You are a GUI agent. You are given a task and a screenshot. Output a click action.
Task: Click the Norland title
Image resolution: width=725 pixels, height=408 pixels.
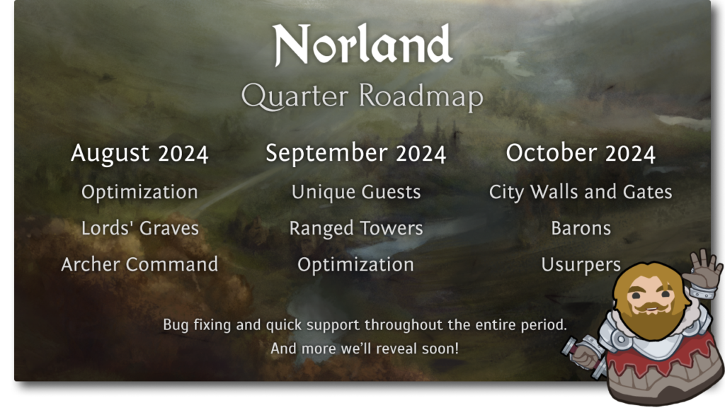(x=362, y=46)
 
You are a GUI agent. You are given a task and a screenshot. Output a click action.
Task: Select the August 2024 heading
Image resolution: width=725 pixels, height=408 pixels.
(x=139, y=154)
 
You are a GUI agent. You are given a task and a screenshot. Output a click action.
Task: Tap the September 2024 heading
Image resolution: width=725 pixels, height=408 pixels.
(x=356, y=154)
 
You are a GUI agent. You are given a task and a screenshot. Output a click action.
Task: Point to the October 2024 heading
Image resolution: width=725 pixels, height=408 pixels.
(x=581, y=154)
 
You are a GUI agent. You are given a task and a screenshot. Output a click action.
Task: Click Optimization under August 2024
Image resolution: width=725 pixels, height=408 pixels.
(x=139, y=192)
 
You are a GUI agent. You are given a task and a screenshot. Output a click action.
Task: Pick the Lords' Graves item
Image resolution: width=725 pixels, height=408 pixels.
(x=139, y=228)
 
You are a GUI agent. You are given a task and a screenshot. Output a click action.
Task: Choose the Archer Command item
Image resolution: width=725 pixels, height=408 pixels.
(x=139, y=264)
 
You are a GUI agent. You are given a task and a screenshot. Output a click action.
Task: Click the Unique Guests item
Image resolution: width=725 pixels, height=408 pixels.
(x=356, y=192)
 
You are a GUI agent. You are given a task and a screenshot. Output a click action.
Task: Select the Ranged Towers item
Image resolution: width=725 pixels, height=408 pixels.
(x=356, y=228)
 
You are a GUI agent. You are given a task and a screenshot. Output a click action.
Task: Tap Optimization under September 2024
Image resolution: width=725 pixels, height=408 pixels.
(x=356, y=264)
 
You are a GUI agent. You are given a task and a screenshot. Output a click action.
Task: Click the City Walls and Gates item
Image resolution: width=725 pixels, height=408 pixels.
(x=581, y=192)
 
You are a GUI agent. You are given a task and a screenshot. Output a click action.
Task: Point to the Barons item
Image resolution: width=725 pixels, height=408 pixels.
(x=581, y=228)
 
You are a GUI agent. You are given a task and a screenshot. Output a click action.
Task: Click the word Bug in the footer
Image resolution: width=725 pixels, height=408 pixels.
(x=176, y=325)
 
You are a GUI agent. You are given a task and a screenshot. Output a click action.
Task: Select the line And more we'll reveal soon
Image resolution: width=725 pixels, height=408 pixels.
(x=364, y=348)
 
